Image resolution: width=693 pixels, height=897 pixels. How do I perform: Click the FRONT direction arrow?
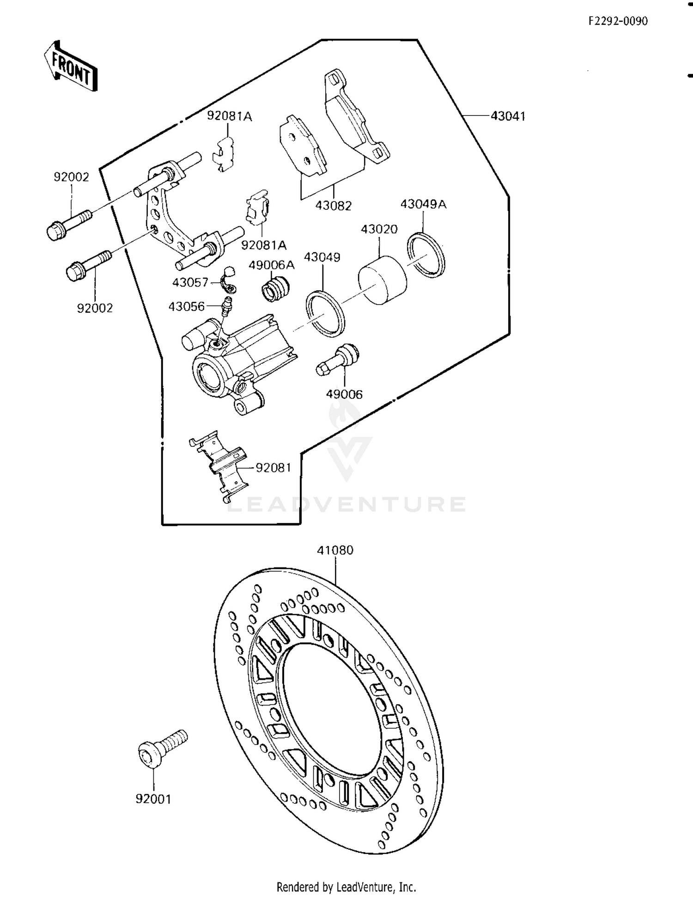click(x=71, y=66)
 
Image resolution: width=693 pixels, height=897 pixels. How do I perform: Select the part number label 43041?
click(x=507, y=116)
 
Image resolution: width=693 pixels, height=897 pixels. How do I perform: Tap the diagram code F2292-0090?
click(x=618, y=21)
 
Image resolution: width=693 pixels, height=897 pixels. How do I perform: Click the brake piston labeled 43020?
click(x=383, y=280)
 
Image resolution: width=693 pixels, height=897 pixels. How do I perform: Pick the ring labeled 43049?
click(x=325, y=313)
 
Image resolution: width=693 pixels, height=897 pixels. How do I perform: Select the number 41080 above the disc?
click(x=335, y=550)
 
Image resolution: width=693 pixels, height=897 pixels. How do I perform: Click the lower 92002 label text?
click(x=95, y=308)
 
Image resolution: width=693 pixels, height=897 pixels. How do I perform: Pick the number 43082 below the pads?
click(x=333, y=206)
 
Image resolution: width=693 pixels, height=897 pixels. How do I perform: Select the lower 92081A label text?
click(x=263, y=245)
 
